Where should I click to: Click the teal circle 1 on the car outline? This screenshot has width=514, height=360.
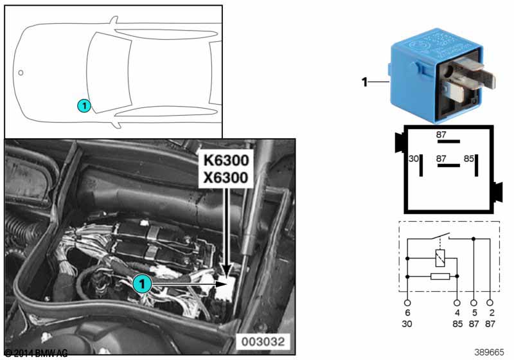point(83,104)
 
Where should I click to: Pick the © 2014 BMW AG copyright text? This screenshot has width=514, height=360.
point(36,353)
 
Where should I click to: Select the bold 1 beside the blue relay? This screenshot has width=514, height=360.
point(364,82)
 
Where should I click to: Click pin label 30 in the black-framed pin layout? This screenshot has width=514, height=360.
point(414,158)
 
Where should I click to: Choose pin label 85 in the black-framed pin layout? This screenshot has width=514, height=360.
point(469,158)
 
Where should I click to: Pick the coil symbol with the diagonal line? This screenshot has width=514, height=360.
point(441,259)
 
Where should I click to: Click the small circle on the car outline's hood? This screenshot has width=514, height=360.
point(21,73)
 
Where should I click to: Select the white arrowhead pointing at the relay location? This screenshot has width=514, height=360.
point(222,282)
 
